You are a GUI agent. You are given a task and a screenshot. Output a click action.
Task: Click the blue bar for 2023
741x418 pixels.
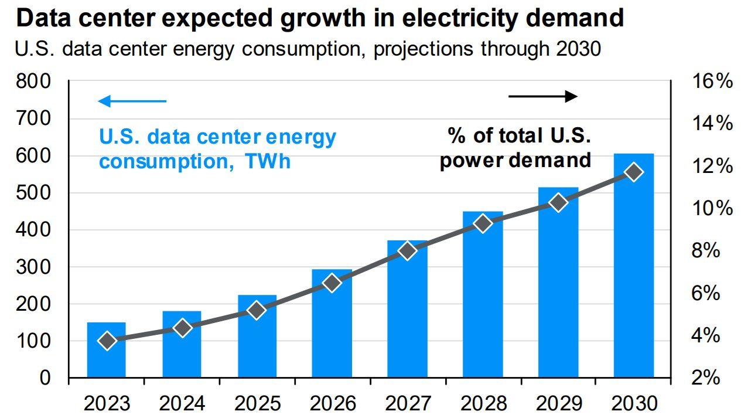107,358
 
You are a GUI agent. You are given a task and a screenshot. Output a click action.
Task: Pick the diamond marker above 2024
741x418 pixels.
182,328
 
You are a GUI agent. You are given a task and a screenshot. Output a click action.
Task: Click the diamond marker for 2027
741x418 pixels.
408,251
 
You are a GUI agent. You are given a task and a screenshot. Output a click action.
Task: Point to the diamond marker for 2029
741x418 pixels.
558,203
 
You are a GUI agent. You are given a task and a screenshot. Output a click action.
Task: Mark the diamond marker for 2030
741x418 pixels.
634,172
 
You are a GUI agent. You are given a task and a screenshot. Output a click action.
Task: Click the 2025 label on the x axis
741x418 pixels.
257,404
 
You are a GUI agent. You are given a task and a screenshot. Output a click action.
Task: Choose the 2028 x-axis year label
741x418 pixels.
483,404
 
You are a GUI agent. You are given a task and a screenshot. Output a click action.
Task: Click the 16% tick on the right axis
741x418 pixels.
711,82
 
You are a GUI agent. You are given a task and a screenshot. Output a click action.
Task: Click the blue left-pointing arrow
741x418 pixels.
132,101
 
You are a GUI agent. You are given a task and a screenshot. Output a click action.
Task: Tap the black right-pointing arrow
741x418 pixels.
543,96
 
